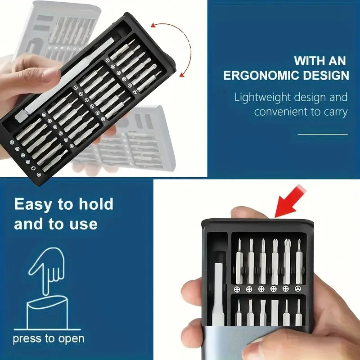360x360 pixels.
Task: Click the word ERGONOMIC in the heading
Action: click(261, 76)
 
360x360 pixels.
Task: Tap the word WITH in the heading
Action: click(309, 61)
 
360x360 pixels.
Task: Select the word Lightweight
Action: click(263, 98)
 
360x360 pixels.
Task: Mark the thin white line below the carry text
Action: click(323, 134)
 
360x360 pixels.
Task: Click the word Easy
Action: click(33, 205)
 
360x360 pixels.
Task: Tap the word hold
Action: click(96, 203)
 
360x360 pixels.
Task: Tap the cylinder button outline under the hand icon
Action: click(47, 313)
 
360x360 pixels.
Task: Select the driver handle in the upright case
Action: click(218, 294)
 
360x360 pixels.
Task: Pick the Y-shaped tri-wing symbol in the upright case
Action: click(298, 289)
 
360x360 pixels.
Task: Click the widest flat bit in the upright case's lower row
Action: click(274, 312)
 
